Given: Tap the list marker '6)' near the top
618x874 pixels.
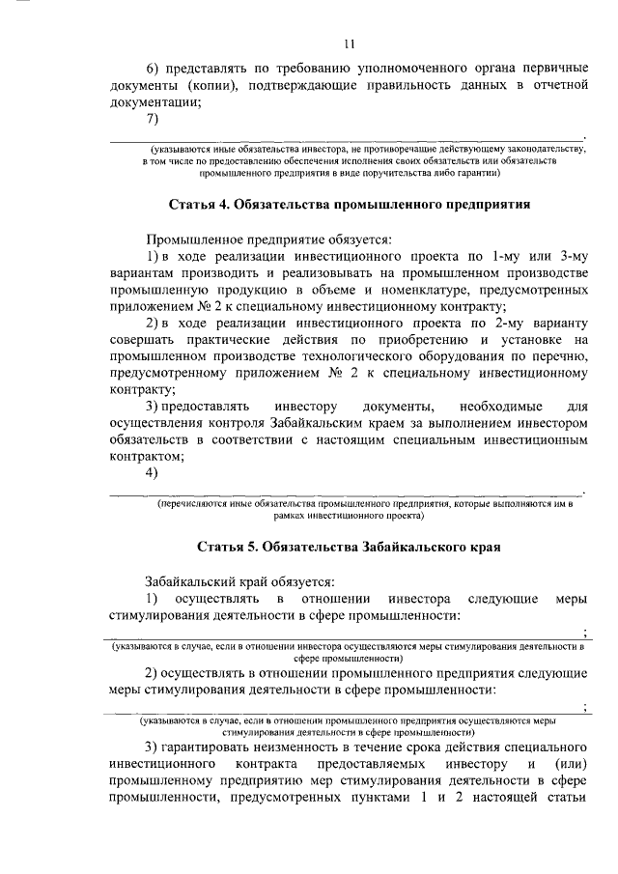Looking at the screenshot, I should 154,71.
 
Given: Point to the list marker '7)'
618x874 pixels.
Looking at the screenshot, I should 152,118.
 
